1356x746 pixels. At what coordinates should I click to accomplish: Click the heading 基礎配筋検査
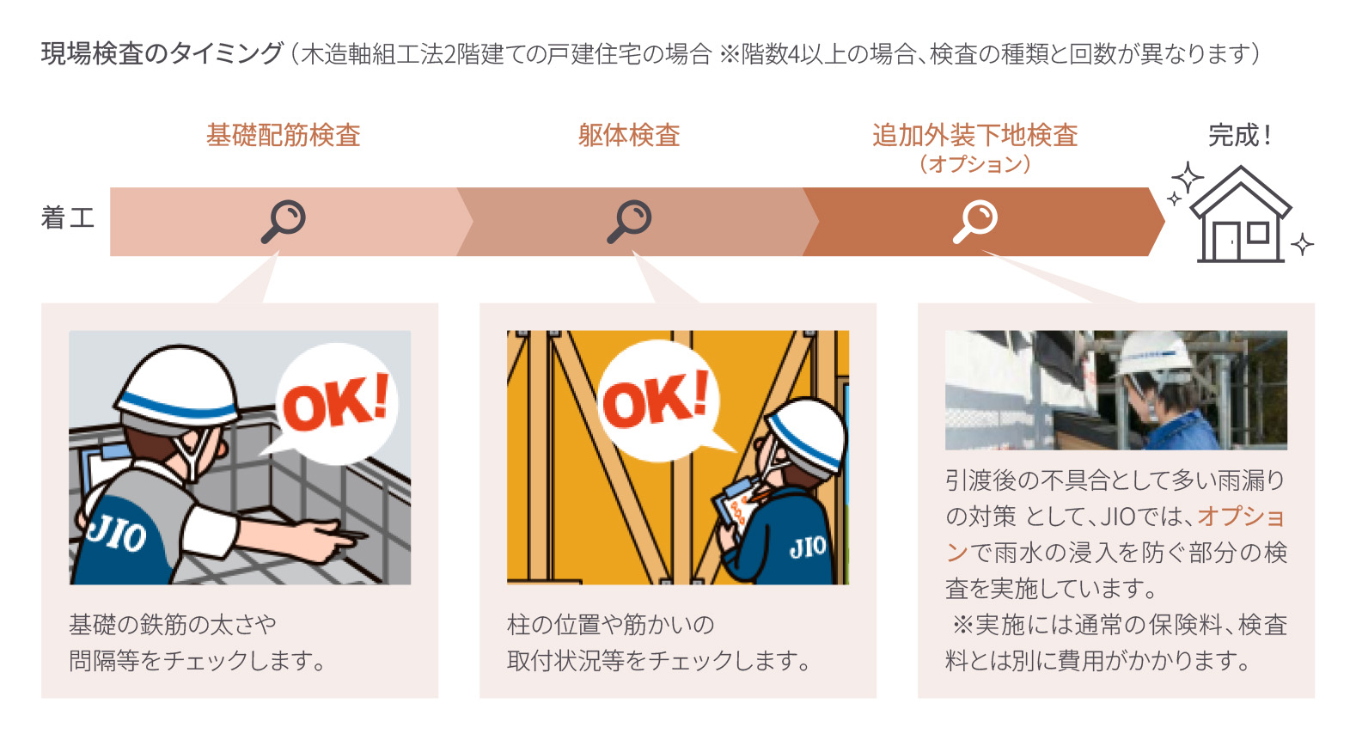tap(283, 135)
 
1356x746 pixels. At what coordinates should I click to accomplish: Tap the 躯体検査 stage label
tap(629, 135)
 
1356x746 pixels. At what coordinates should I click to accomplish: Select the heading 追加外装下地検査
tap(974, 135)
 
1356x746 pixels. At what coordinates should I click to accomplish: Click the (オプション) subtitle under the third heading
tap(974, 163)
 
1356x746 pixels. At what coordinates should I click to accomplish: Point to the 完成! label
tap(1239, 135)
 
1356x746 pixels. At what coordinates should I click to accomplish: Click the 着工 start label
tap(67, 217)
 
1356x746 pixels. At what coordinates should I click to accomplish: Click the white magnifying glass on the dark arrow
tap(975, 221)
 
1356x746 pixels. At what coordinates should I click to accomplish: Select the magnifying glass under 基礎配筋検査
tap(284, 221)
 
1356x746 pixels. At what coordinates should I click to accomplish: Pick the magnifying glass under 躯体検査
tap(630, 221)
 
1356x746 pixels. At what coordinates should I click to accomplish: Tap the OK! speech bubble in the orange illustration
tap(657, 400)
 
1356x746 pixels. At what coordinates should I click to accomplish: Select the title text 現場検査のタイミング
tap(162, 53)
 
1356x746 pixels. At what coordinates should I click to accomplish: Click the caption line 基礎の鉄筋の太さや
tap(173, 625)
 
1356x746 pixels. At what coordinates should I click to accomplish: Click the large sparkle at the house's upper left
tap(1188, 178)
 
